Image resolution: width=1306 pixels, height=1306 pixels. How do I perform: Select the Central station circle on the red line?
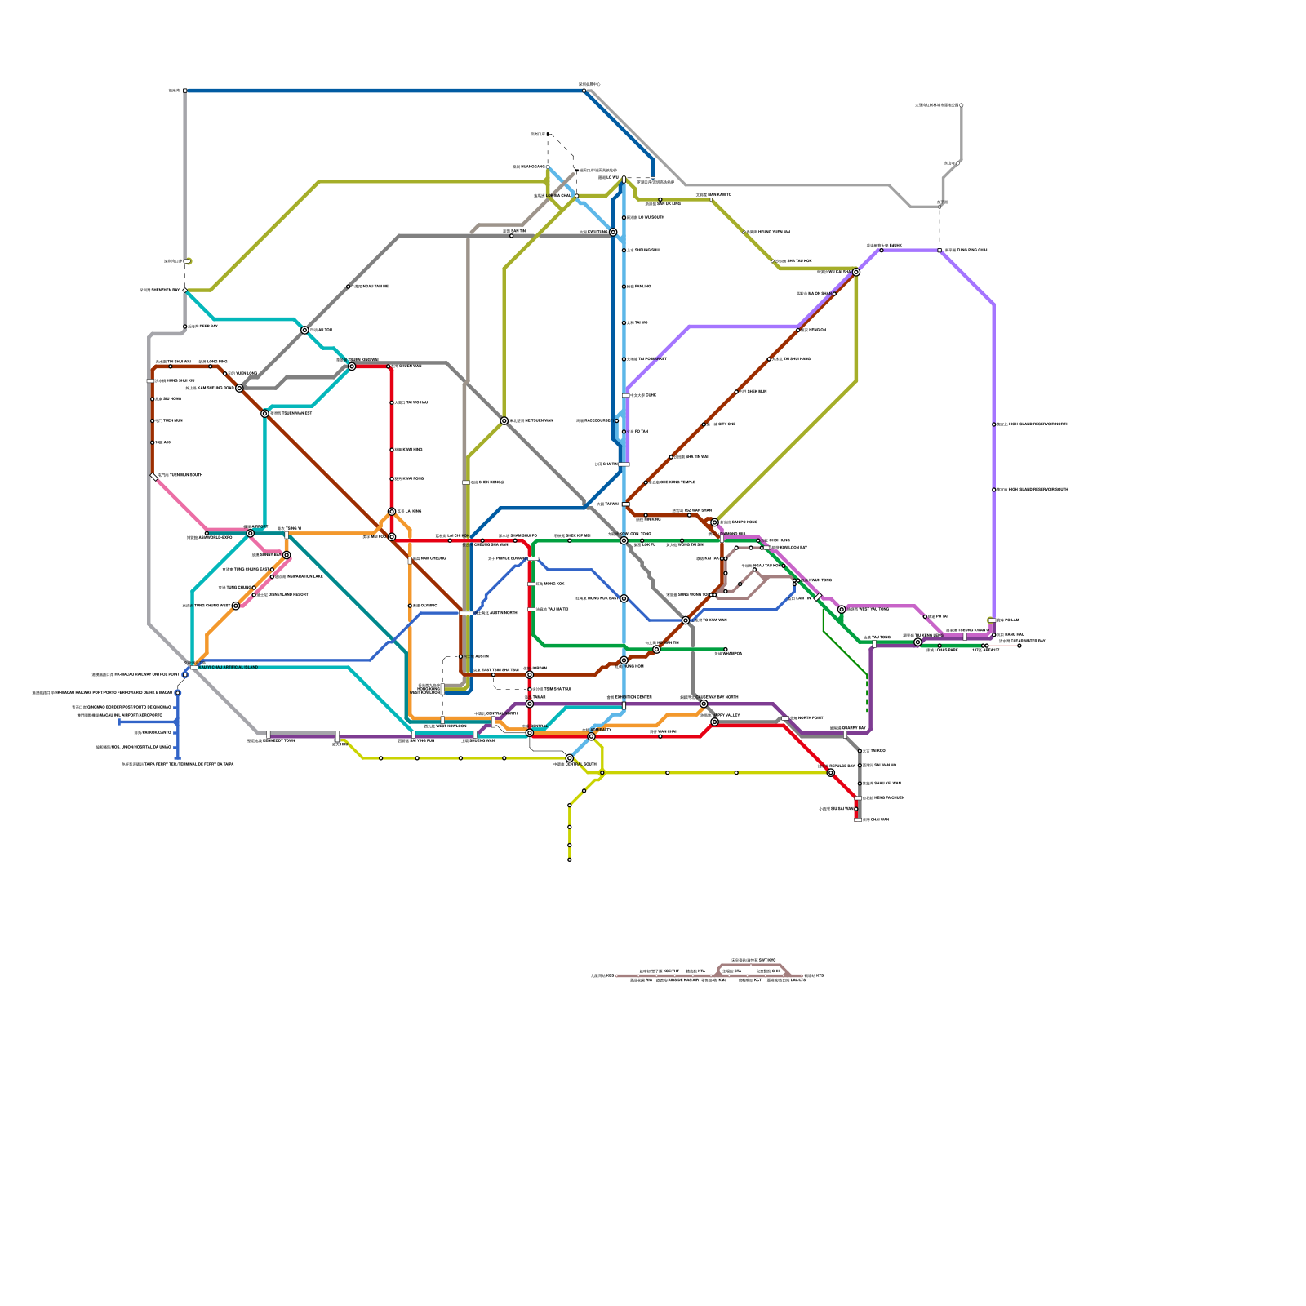tap(530, 733)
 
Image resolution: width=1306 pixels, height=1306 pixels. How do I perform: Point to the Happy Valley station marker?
tap(714, 722)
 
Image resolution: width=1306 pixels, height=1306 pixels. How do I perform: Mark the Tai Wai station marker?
tap(624, 464)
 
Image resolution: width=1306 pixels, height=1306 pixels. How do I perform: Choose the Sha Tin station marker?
tap(624, 432)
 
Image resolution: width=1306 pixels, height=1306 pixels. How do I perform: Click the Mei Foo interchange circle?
tap(392, 537)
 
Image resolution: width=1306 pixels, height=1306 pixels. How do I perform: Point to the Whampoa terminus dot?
tap(725, 650)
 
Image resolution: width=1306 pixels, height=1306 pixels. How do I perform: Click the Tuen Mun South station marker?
tap(154, 477)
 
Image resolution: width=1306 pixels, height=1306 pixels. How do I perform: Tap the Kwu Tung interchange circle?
tap(613, 233)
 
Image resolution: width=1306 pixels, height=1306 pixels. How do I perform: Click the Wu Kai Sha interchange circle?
tap(855, 272)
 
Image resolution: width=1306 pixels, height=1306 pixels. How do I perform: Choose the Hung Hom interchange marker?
tap(656, 650)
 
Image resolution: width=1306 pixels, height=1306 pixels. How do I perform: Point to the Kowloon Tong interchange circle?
tap(624, 540)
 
